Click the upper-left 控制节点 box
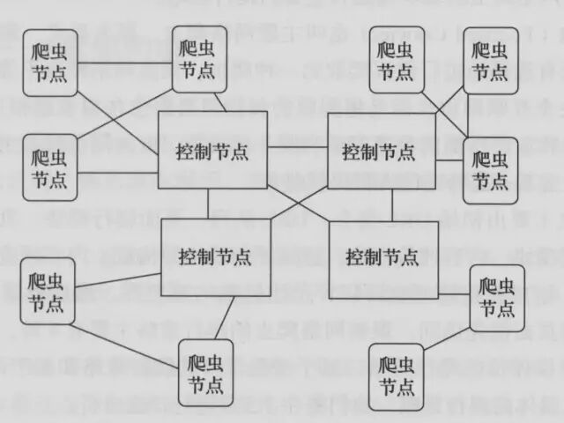pyautogui.click(x=212, y=150)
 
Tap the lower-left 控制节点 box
pyautogui.click(x=215, y=257)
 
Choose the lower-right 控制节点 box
pyautogui.click(x=381, y=257)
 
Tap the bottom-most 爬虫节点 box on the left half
pyautogui.click(x=205, y=372)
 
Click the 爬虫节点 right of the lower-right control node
pyautogui.click(x=497, y=297)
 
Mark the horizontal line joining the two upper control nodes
pyautogui.click(x=298, y=145)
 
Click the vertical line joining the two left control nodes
pyautogui.click(x=209, y=204)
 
